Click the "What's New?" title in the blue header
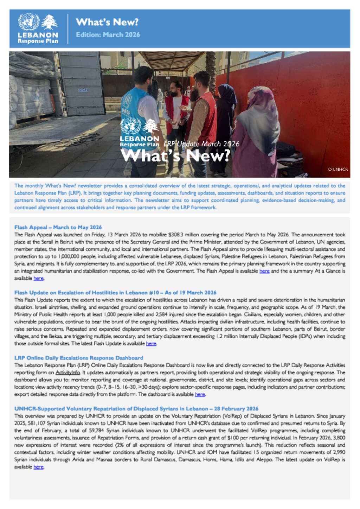(107, 22)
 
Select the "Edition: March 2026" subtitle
(108, 34)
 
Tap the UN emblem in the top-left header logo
(29, 22)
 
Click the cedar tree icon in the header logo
(49, 22)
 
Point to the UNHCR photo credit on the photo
(338, 169)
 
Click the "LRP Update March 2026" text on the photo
(201, 144)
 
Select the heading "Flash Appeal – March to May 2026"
(58, 227)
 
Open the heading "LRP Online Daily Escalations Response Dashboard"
(79, 358)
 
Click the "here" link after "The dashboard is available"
(200, 394)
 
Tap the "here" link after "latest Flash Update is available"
(151, 343)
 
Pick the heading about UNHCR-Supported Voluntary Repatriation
(136, 409)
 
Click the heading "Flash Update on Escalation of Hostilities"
(115, 293)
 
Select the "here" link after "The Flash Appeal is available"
(264, 271)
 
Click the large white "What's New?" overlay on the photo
(175, 155)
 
